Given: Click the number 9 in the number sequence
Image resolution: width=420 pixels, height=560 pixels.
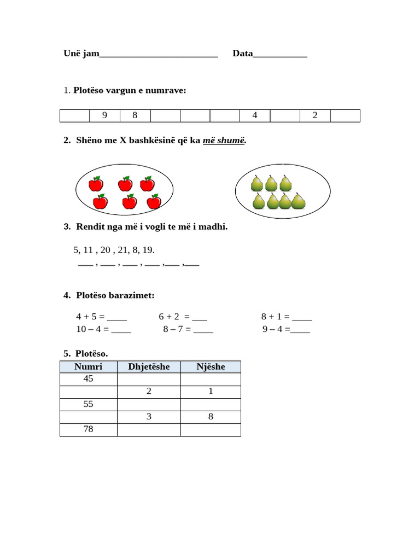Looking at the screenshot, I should (104, 115).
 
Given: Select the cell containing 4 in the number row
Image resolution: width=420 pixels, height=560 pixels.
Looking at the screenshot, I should (255, 115).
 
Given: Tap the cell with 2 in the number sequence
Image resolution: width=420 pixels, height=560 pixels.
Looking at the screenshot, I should (315, 115).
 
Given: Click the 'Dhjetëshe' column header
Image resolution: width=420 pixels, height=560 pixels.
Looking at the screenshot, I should (149, 366).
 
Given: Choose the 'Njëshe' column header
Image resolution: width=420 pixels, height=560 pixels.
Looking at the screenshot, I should (211, 366).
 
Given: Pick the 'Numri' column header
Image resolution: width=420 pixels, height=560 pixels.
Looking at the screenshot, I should (89, 366).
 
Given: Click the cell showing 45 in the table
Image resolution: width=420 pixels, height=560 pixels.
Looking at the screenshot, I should (89, 379).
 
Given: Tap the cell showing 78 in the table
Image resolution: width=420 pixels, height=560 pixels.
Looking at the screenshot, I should (89, 429).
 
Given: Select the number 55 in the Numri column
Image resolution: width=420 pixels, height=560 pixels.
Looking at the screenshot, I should (89, 404).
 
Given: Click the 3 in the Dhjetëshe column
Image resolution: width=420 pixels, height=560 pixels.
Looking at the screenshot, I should (149, 417).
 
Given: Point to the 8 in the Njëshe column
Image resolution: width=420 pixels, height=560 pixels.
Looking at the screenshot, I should (211, 417).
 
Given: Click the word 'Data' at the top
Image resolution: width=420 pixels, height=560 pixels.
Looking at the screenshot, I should (243, 54).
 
